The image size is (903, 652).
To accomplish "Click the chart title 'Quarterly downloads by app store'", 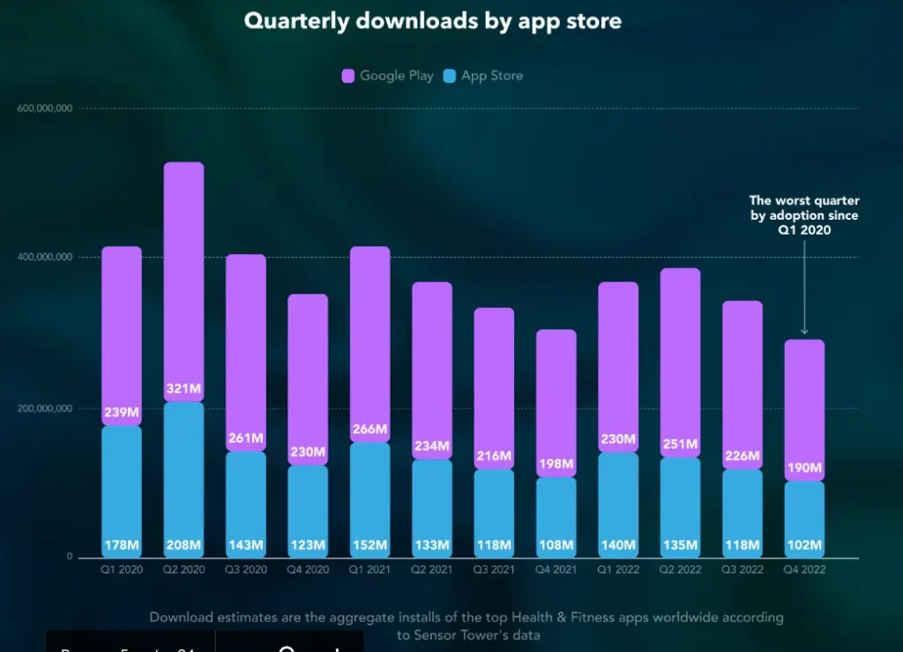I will [x=432, y=21].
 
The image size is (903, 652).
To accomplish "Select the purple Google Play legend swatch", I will [x=348, y=77].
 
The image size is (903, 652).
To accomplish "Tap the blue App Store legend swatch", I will [x=450, y=77].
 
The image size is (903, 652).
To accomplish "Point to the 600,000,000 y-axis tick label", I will [x=45, y=109].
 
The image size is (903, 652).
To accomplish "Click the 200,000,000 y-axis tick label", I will [x=45, y=408].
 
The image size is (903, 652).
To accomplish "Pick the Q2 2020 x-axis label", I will [x=183, y=570].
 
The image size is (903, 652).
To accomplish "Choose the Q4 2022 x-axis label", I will [x=803, y=570].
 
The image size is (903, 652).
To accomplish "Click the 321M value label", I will [x=183, y=389].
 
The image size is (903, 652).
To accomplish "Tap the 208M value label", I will [x=183, y=545].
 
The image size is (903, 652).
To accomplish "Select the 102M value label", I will [x=803, y=545].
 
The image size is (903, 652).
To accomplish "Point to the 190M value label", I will [x=803, y=468].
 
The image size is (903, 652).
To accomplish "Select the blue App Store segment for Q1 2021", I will [x=369, y=494].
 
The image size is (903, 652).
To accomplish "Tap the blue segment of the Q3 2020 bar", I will [x=245, y=494].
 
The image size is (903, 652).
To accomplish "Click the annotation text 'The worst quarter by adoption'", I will [x=803, y=208].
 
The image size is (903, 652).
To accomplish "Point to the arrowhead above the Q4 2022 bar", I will [x=803, y=331].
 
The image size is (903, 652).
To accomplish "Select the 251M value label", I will [x=680, y=444].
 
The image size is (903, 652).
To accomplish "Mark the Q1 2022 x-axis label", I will [x=617, y=570].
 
